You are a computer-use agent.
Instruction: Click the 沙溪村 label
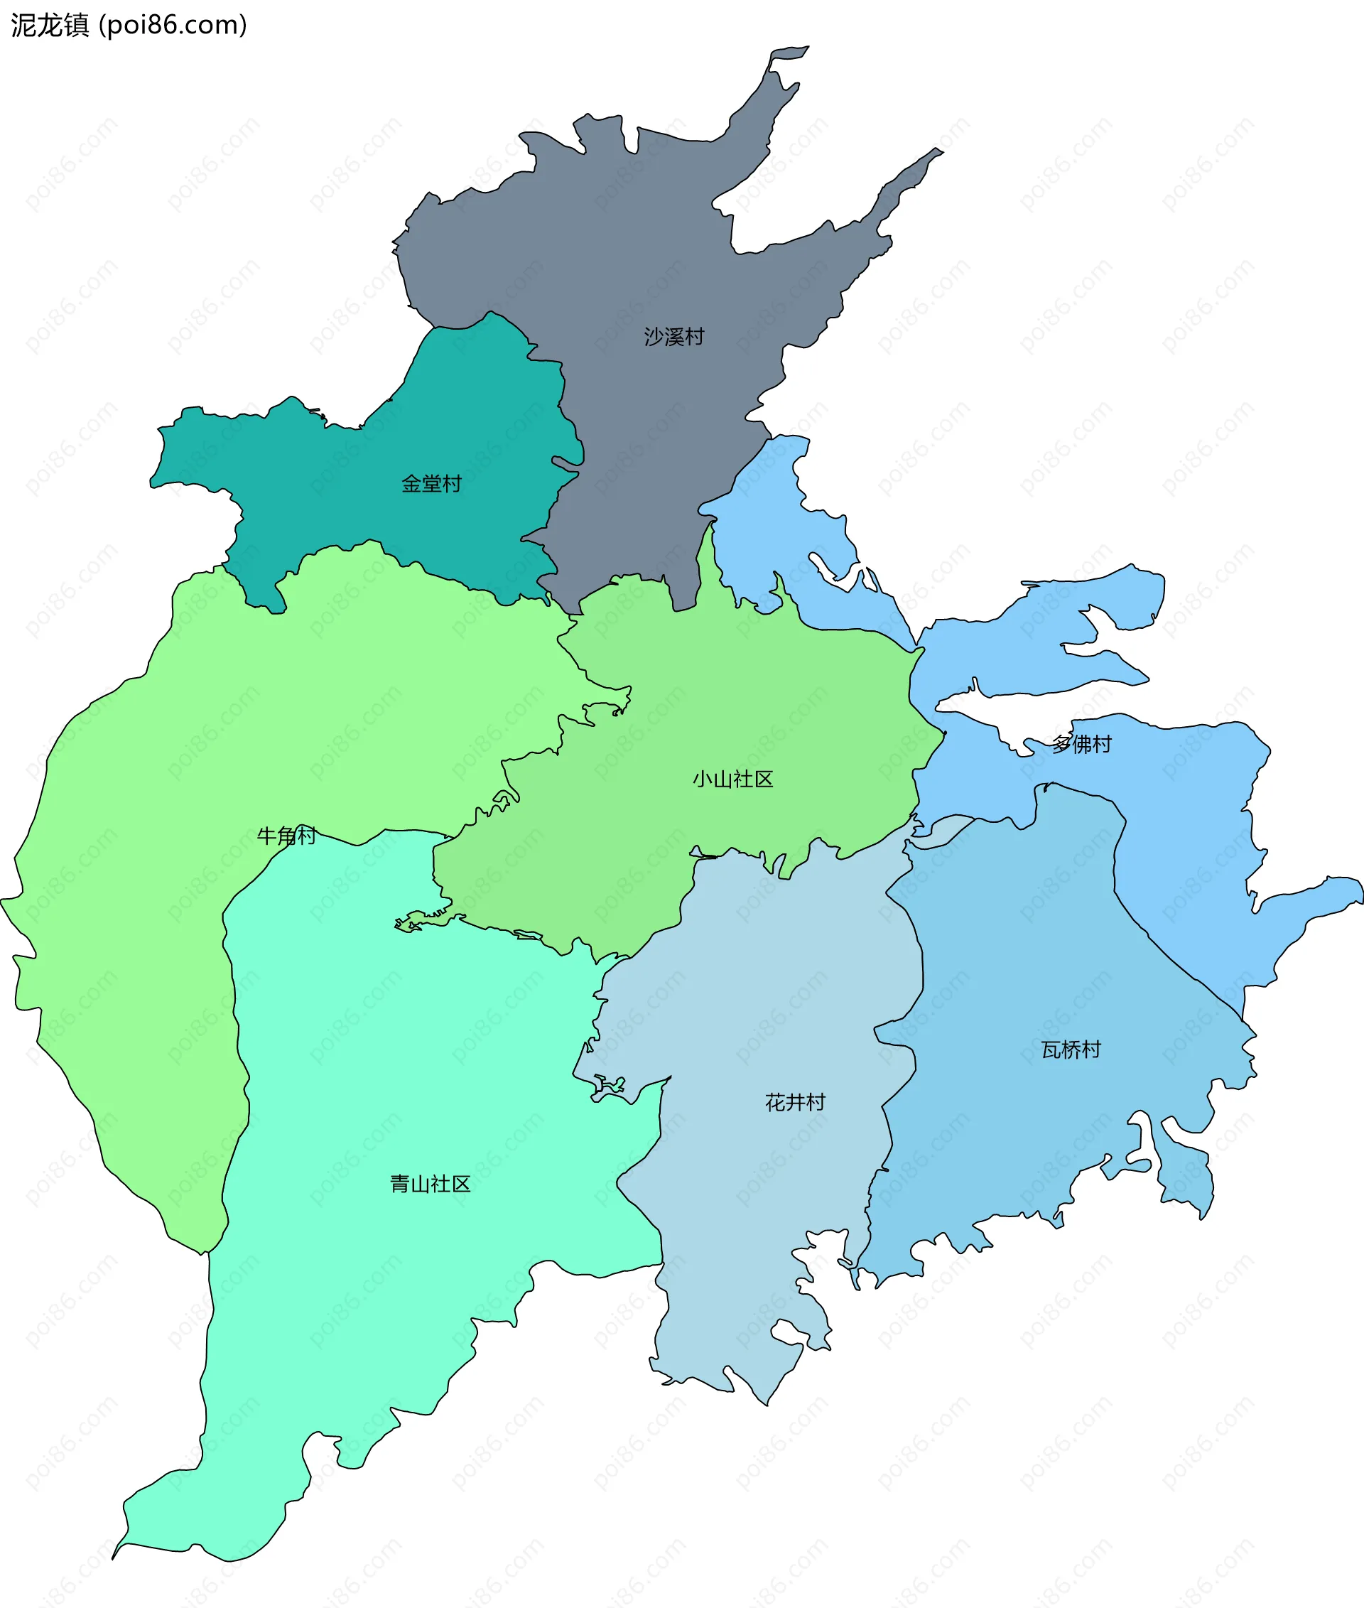[673, 336]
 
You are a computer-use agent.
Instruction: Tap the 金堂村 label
[431, 483]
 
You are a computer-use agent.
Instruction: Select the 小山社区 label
[732, 779]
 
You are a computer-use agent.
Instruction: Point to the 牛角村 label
[286, 836]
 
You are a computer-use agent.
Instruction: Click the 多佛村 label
[1082, 744]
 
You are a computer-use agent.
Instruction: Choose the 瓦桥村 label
[1070, 1049]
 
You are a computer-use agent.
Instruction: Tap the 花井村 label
[795, 1102]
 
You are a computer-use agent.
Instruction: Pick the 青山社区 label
[430, 1184]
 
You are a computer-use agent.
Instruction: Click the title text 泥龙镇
[50, 26]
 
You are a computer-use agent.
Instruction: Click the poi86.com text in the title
[174, 26]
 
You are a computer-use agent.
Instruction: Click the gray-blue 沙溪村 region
[619, 232]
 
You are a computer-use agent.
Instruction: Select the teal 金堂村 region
[348, 480]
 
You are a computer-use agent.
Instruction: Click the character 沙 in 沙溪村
[654, 336]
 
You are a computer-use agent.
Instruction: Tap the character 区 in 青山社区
[461, 1184]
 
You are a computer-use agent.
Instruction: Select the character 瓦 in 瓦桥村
[1051, 1049]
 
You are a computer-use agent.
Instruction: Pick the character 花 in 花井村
[776, 1102]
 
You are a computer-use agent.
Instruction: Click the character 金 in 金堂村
[412, 483]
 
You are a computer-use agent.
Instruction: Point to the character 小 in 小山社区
[702, 779]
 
